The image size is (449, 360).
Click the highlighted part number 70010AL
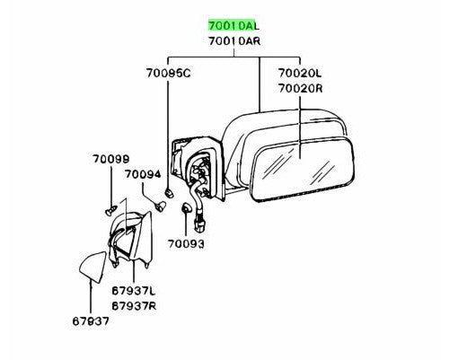click(x=233, y=25)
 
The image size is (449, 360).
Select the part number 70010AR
click(x=234, y=41)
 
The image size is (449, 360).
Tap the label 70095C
click(x=168, y=74)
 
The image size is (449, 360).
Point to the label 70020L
click(x=300, y=73)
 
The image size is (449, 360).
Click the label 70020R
click(x=300, y=89)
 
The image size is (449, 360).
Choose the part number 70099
click(x=110, y=159)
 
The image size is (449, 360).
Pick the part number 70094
click(x=143, y=174)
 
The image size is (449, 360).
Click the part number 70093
click(x=186, y=244)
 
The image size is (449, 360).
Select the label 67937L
click(x=134, y=291)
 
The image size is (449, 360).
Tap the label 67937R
click(x=134, y=306)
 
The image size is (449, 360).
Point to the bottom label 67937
click(x=91, y=321)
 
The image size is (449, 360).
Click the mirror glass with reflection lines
click(x=303, y=169)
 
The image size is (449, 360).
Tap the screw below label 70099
click(x=110, y=210)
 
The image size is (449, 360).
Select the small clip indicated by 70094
click(x=160, y=206)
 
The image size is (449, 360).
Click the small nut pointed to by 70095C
click(x=170, y=192)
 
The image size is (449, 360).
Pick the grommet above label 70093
click(x=186, y=207)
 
